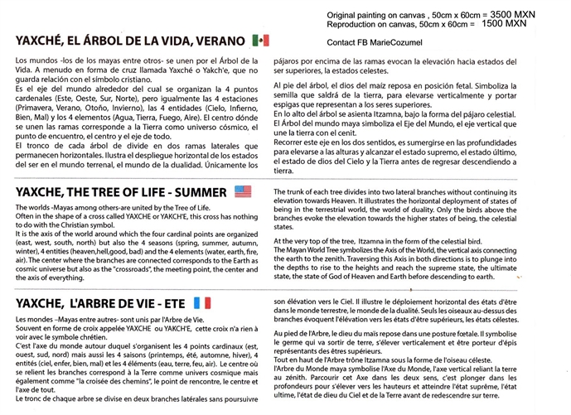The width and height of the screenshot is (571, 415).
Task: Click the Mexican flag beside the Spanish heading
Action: coord(260,40)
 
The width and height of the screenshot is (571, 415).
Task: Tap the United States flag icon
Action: coord(243,191)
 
